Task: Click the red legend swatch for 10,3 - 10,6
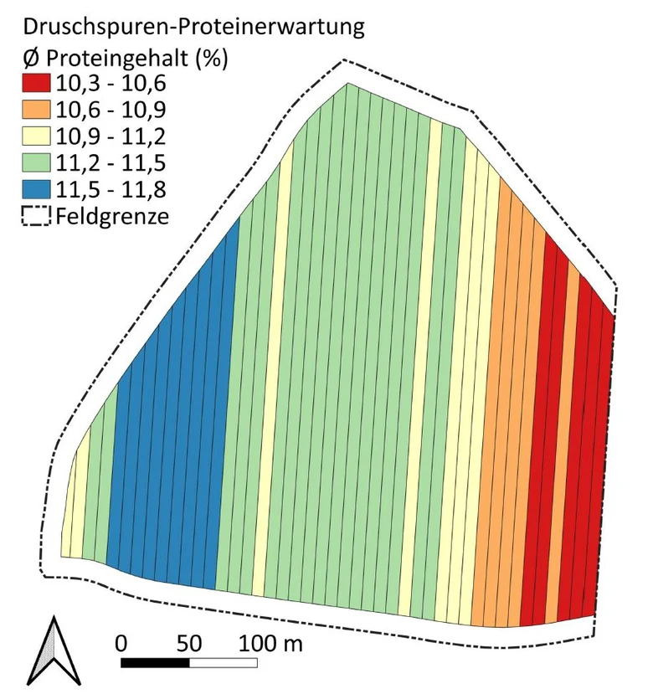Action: tap(36, 83)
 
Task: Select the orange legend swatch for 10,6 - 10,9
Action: tap(36, 110)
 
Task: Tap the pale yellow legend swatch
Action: tap(36, 136)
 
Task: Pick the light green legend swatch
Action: tap(36, 162)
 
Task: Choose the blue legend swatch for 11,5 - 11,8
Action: tap(36, 189)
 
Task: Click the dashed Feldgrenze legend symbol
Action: tap(36, 216)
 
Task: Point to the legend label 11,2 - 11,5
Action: tap(111, 163)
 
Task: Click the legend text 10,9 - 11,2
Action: tap(111, 136)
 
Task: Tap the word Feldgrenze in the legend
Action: tap(112, 217)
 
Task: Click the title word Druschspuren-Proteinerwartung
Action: tap(194, 28)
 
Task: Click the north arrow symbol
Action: tap(54, 650)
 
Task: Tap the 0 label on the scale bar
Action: tap(121, 643)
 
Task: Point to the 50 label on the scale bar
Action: tap(189, 643)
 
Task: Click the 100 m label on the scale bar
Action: tap(271, 643)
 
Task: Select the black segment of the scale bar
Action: tap(155, 662)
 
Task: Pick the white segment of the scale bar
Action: tap(224, 662)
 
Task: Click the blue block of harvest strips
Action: tap(172, 425)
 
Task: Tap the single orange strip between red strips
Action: tap(563, 443)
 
